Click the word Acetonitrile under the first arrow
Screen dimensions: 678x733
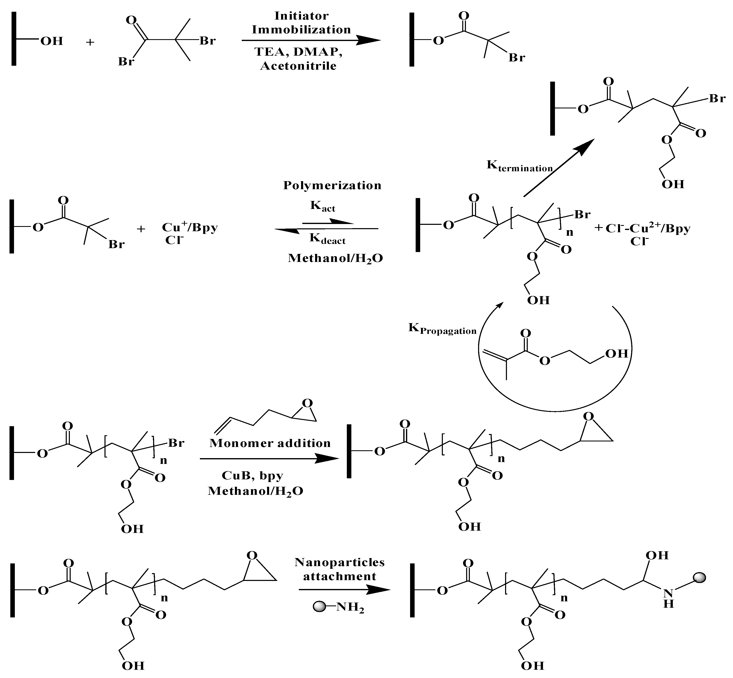pos(298,66)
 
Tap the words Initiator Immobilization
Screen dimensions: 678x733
pos(301,22)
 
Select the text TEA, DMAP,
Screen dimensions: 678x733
pos(298,52)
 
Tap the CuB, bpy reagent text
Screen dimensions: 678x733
pos(252,475)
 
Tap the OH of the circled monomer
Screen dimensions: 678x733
pos(616,354)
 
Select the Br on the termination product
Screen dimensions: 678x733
pos(717,99)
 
